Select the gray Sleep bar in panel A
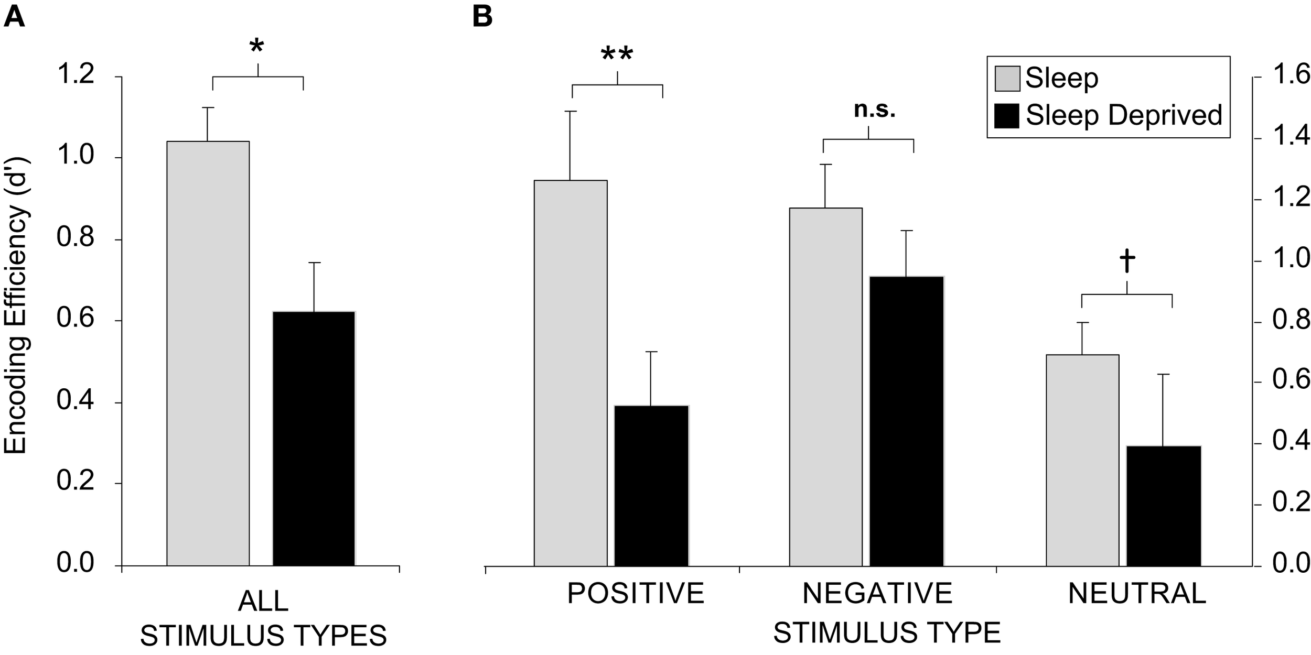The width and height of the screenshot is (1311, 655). tap(208, 354)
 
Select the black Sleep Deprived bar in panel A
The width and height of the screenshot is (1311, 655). tap(314, 439)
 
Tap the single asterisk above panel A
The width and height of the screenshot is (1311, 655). tap(256, 47)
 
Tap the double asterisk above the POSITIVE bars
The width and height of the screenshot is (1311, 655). tap(617, 55)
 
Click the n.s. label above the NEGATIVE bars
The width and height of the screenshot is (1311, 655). tap(875, 110)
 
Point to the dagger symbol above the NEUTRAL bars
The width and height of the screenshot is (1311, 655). tap(1127, 262)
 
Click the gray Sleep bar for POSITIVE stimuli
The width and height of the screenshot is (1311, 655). tap(571, 373)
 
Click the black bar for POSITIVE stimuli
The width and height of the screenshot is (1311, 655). tap(651, 486)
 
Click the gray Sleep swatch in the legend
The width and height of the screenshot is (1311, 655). tap(1007, 79)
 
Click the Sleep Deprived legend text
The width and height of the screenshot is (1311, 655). tap(1124, 115)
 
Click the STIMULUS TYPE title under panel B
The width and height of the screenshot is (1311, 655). tap(887, 633)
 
